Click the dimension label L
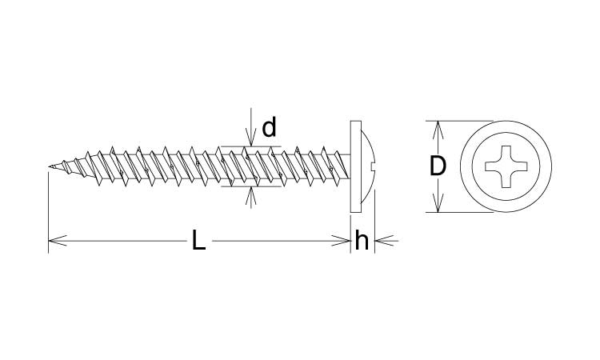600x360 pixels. (198, 241)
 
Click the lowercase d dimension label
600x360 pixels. (269, 127)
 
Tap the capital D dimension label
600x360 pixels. (438, 166)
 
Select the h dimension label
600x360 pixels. (362, 241)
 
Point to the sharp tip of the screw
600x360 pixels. (50, 166)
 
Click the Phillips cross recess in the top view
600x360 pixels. (506, 166)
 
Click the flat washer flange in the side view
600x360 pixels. (356, 166)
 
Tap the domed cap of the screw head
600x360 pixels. (368, 166)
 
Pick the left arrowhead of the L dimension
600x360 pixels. (58, 241)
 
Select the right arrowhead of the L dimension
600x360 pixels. (341, 241)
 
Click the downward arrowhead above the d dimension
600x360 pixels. (250, 138)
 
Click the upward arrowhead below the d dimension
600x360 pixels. (250, 196)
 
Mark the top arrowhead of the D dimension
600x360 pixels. (438, 130)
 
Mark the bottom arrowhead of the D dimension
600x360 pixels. (438, 203)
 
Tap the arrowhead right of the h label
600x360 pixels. (384, 241)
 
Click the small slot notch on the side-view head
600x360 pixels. (374, 166)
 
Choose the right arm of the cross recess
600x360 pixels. (519, 166)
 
